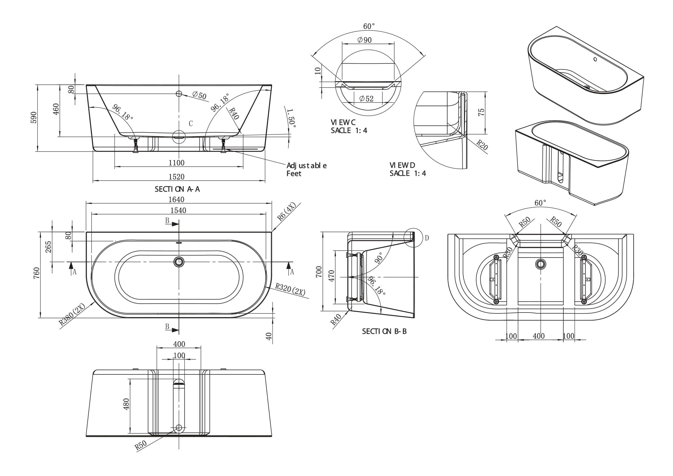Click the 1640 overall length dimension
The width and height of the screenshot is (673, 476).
pos(176,200)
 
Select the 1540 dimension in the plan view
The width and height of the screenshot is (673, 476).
pos(178,210)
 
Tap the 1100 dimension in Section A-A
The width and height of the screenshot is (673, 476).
pos(176,163)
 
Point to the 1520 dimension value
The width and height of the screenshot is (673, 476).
pos(176,177)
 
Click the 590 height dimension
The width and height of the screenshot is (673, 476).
pos(34,117)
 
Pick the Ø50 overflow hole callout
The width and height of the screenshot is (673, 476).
pos(199,95)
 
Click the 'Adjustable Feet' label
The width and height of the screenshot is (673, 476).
pos(306,170)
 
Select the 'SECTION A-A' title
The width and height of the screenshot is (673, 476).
pos(177,189)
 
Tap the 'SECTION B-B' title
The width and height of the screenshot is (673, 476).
pos(384,332)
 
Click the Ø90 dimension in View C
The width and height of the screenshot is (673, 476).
pos(365,40)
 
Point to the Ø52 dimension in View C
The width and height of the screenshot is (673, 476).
pos(366,99)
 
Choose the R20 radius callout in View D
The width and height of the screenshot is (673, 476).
pos(482,145)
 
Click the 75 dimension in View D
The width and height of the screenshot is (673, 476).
pos(481,112)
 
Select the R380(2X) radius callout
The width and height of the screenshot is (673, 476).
pos(72,315)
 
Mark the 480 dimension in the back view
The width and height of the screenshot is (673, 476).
pos(126,404)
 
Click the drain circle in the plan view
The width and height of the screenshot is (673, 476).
pos(179,261)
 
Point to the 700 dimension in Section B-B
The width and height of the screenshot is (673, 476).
pos(319,272)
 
